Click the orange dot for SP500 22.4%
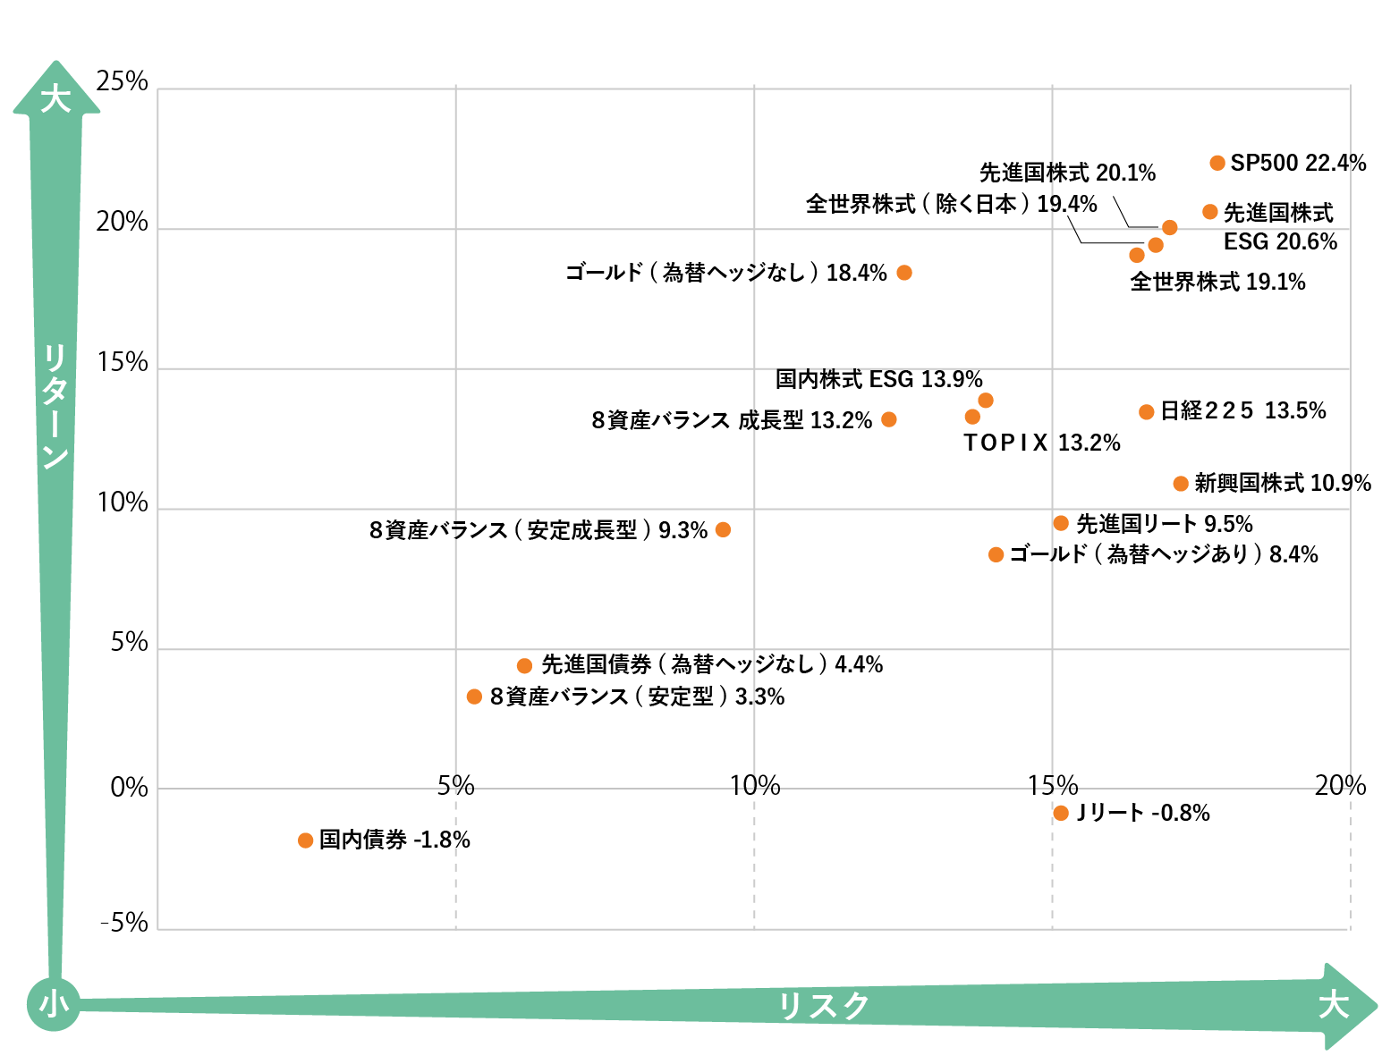pos(1217,163)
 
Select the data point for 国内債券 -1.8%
pos(305,840)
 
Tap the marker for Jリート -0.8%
pos(1061,813)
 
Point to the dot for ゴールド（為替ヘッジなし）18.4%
pos(904,273)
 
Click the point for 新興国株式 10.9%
pos(1181,484)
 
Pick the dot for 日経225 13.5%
pos(1146,412)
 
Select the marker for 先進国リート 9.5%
pos(1061,523)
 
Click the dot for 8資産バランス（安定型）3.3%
pos(474,697)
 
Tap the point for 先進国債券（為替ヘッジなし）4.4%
pos(525,666)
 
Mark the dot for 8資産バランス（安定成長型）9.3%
pos(724,530)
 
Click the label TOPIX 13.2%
pos(1041,443)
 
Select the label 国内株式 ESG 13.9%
pos(878,379)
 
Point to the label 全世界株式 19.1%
pos(1217,282)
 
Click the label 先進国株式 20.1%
pos(1067,172)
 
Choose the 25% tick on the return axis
pos(123,81)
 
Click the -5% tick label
pos(124,923)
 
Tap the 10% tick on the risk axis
pos(755,786)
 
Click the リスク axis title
pos(823,1006)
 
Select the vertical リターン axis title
pos(55,407)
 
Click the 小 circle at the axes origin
pos(54,1004)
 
